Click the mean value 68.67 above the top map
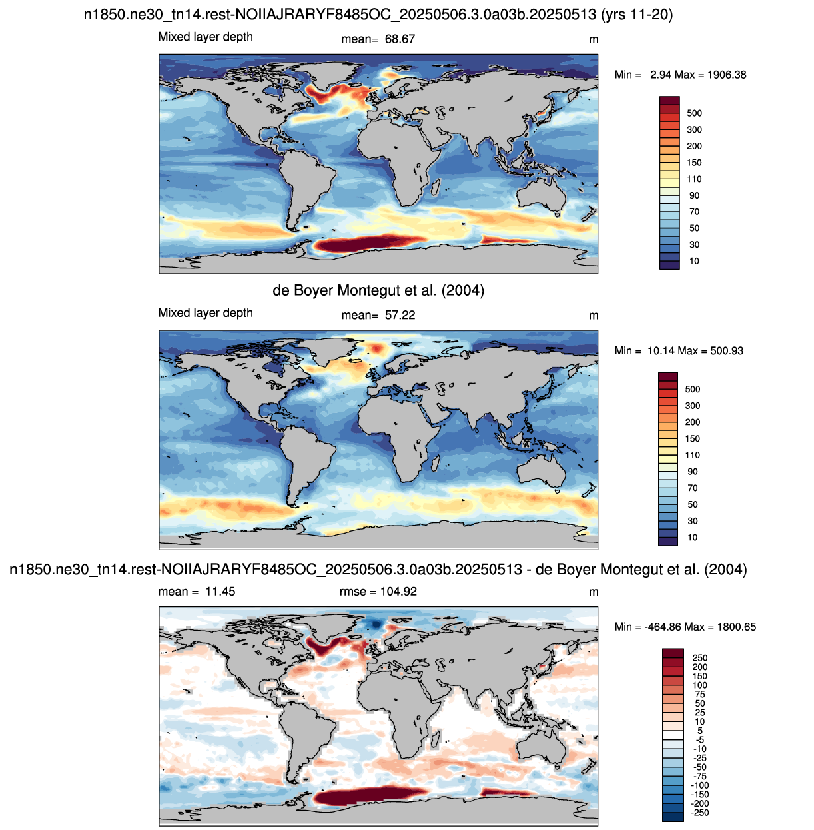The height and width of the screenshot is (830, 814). pos(400,39)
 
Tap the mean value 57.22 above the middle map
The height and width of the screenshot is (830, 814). pos(400,315)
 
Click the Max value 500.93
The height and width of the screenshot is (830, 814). pos(727,351)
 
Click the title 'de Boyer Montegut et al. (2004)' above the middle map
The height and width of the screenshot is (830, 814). pos(378,290)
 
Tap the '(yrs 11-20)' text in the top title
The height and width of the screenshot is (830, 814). pos(637,15)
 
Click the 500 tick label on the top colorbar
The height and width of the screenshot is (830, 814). pos(694,113)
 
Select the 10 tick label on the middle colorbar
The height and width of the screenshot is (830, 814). pos(693,538)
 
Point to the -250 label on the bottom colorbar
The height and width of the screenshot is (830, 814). pos(700,813)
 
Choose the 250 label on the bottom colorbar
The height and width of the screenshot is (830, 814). pos(700,658)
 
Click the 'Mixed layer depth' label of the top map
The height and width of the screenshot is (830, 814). pos(205,37)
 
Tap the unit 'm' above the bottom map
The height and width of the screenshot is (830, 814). pos(594,592)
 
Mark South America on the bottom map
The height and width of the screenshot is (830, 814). pos(305,739)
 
